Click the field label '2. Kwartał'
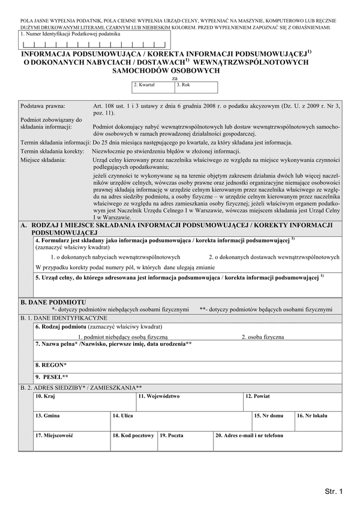[145, 86]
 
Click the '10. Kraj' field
[84, 401]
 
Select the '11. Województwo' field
[189, 401]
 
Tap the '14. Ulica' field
[180, 420]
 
